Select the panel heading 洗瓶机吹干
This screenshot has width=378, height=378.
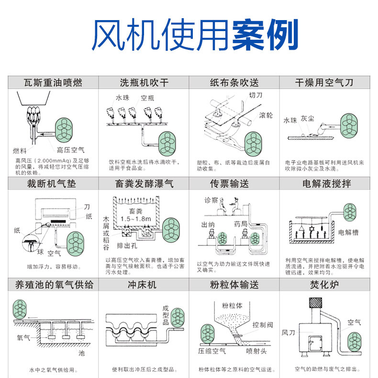pyautogui.click(x=144, y=83)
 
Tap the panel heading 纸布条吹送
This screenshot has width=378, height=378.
pyautogui.click(x=234, y=83)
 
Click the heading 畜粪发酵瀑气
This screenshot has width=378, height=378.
pyautogui.click(x=144, y=184)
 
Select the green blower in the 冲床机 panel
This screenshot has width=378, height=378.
pyautogui.click(x=178, y=317)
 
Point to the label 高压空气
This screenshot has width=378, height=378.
pyautogui.click(x=70, y=149)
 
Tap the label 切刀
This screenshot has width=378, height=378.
pyautogui.click(x=256, y=95)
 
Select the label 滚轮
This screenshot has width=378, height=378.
pyautogui.click(x=266, y=115)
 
